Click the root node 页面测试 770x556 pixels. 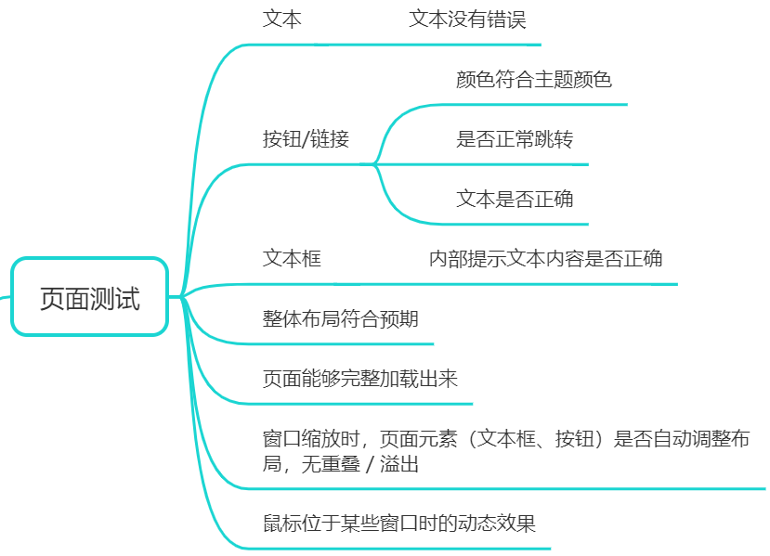click(89, 298)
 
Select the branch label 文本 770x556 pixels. click(281, 19)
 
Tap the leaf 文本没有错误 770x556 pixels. click(467, 19)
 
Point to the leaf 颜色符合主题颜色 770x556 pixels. click(533, 80)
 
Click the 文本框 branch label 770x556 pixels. click(292, 259)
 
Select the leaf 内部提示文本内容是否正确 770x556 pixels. click(545, 259)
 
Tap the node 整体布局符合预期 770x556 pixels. click(340, 319)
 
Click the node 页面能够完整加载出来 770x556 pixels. click(359, 379)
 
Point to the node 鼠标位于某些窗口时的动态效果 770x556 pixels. click(398, 524)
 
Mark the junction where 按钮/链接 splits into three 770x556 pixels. click(374, 164)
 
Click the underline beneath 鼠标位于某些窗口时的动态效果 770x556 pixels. click(399, 548)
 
